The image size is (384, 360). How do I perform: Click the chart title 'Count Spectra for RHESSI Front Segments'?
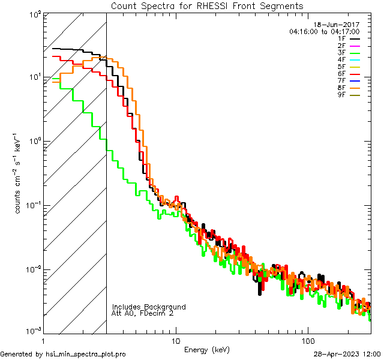coord(207,5)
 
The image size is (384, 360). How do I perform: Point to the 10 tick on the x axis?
coord(175,340)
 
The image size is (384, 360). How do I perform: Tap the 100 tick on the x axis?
coord(308,340)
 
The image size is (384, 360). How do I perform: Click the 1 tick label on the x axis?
coord(43,340)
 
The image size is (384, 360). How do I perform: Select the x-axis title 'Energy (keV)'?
coord(206,349)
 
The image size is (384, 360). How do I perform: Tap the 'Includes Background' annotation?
coord(149,307)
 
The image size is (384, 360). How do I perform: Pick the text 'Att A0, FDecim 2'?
coord(143,313)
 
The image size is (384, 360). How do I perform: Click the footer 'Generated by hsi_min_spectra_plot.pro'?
coord(63,354)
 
